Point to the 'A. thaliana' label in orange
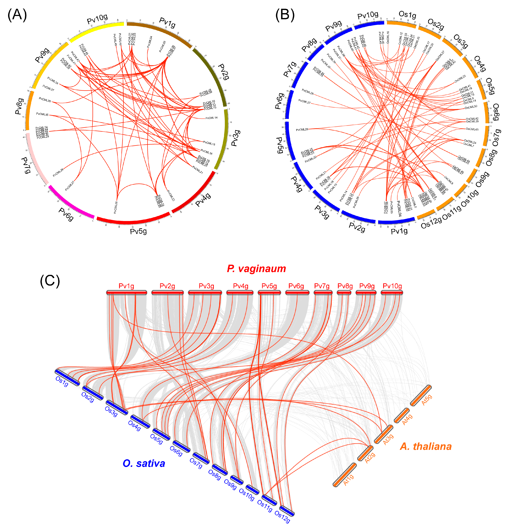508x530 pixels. [x=426, y=446]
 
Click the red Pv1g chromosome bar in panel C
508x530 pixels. [x=126, y=292]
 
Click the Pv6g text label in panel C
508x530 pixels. [x=296, y=286]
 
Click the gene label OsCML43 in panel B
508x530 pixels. [x=472, y=129]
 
